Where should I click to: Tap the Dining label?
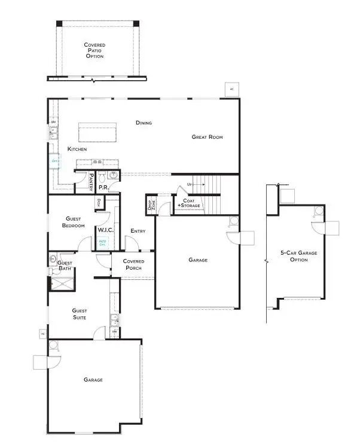(144, 123)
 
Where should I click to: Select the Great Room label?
(207, 137)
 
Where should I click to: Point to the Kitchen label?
(78, 148)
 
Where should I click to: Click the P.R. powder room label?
(103, 187)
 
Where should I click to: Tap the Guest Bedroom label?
(72, 222)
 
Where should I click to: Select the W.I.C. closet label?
(105, 230)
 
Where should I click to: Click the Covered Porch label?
(133, 264)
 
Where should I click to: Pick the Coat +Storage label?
(189, 203)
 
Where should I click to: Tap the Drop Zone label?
(150, 205)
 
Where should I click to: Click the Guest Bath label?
(65, 266)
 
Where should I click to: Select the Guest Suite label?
(79, 314)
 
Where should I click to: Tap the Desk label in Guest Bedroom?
(98, 203)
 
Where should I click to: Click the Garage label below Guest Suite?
(93, 380)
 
